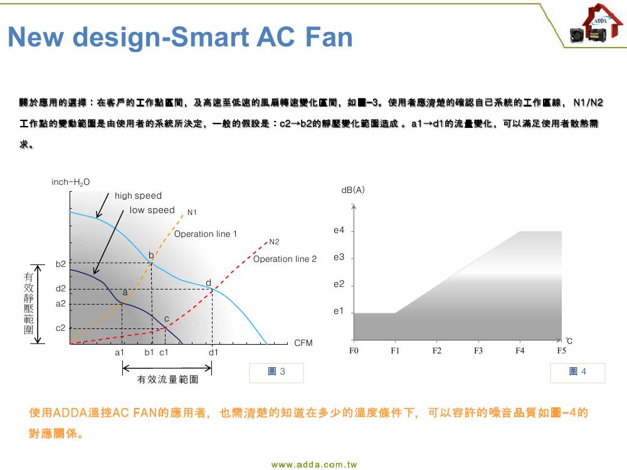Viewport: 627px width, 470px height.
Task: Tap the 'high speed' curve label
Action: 139,196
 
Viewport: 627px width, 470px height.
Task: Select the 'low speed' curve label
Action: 152,210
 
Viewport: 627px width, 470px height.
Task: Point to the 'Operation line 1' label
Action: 206,234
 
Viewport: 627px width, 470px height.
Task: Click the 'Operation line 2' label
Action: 285,259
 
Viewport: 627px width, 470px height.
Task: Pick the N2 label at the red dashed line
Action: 275,242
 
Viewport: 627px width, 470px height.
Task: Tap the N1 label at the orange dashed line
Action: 192,212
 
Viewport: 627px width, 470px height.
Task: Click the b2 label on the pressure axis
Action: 60,264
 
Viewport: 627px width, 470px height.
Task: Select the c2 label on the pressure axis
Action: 60,328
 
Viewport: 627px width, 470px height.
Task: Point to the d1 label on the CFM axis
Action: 214,352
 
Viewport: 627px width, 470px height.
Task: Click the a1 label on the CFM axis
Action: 120,352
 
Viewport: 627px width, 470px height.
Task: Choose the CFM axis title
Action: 303,343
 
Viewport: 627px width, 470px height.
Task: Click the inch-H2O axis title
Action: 71,182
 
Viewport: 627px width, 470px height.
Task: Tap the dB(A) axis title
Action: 353,190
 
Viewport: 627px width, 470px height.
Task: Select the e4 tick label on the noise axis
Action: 339,230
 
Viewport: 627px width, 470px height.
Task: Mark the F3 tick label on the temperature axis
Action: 478,350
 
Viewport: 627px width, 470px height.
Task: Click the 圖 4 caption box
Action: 577,372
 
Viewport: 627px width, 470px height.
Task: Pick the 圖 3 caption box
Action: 277,372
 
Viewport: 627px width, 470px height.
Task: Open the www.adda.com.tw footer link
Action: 314,464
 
